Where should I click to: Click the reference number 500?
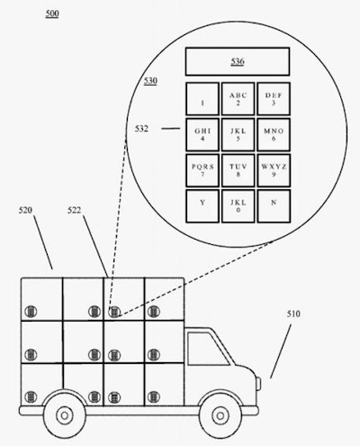click(52, 14)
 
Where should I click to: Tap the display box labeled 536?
click(238, 61)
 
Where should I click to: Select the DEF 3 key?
click(274, 99)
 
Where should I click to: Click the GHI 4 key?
click(202, 134)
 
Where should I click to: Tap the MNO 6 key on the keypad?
click(274, 134)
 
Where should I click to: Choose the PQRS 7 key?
click(202, 170)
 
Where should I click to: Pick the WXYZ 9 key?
click(274, 170)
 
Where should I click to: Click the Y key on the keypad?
click(202, 206)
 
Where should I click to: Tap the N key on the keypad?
click(274, 206)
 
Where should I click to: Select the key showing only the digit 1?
click(202, 99)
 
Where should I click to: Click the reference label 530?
click(150, 81)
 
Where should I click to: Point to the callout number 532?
click(141, 129)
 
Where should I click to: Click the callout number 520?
click(25, 210)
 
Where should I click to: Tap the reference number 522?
click(74, 210)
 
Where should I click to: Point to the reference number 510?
click(293, 314)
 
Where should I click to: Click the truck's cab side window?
click(207, 350)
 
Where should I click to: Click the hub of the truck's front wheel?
click(220, 415)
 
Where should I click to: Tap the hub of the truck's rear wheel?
click(65, 415)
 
